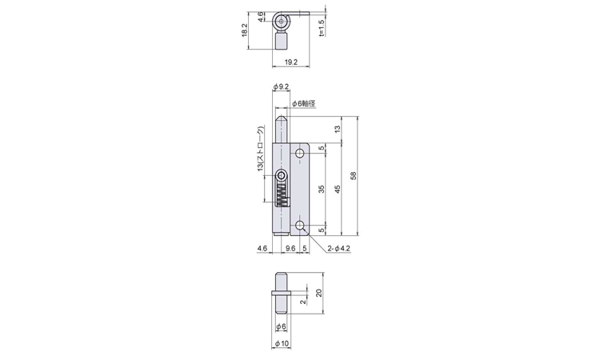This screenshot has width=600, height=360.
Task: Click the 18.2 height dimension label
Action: (x=245, y=30)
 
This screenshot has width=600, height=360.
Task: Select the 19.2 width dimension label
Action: (x=291, y=62)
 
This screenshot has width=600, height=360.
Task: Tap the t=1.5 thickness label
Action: (x=321, y=28)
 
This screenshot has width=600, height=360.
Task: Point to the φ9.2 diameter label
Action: (x=281, y=87)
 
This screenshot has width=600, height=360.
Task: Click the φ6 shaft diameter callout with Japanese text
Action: (x=304, y=103)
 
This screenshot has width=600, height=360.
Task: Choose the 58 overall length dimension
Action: (x=353, y=176)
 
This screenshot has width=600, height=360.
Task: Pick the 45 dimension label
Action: (x=337, y=189)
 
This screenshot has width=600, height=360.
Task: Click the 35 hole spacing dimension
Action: (x=322, y=189)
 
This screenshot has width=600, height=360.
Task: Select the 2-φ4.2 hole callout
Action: (x=338, y=249)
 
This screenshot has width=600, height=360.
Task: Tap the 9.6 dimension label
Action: (x=290, y=249)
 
